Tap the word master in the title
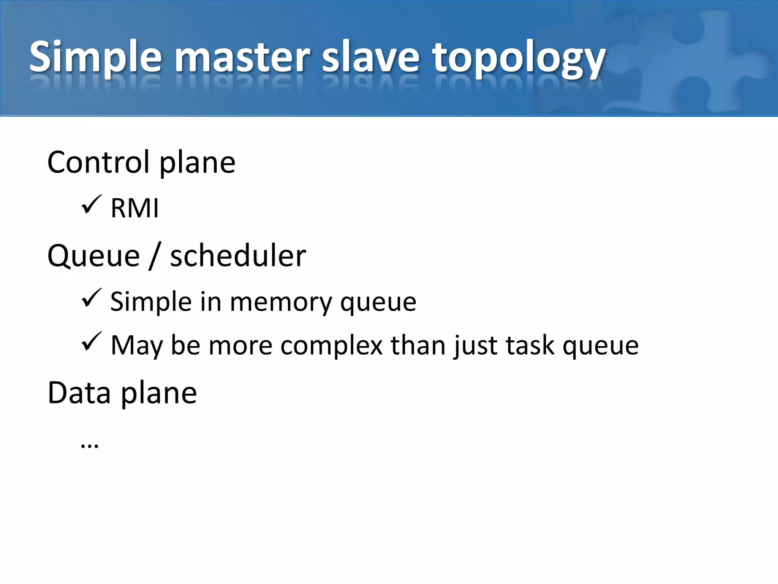pyautogui.click(x=243, y=57)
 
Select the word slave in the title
pyautogui.click(x=371, y=57)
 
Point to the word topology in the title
pyautogui.click(x=518, y=59)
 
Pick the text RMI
pyautogui.click(x=134, y=208)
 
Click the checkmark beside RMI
pyautogui.click(x=91, y=205)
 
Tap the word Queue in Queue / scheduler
pyautogui.click(x=93, y=256)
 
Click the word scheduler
pyautogui.click(x=238, y=256)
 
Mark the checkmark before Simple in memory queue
pyautogui.click(x=91, y=298)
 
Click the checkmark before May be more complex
pyautogui.click(x=91, y=341)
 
